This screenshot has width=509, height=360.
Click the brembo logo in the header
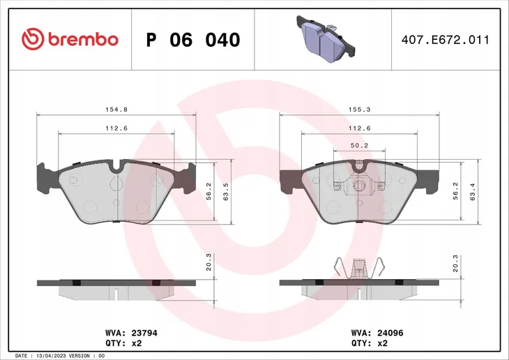(x=70, y=39)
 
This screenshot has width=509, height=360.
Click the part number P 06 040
(x=193, y=40)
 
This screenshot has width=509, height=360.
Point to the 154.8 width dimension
(x=116, y=110)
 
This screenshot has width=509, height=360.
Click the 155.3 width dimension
(x=358, y=110)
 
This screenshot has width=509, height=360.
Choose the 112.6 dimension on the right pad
(x=358, y=128)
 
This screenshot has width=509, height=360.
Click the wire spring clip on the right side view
(x=360, y=268)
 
